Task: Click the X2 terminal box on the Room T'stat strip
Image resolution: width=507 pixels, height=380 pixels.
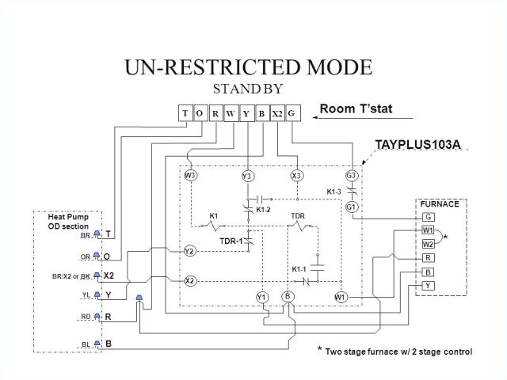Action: pyautogui.click(x=276, y=113)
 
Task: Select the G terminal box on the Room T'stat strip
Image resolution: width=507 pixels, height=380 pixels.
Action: pyautogui.click(x=292, y=113)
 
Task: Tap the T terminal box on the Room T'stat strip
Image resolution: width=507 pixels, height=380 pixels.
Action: pyautogui.click(x=185, y=113)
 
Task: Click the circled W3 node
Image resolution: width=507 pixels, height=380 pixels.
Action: pyautogui.click(x=190, y=175)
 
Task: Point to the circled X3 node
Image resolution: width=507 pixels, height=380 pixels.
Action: pyautogui.click(x=297, y=175)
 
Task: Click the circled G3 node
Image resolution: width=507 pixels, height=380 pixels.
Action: pyautogui.click(x=352, y=175)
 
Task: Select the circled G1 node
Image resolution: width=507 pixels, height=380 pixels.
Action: pyautogui.click(x=352, y=207)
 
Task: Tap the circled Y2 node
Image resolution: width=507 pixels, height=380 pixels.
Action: pyautogui.click(x=190, y=251)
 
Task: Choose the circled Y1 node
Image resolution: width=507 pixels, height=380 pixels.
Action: pyautogui.click(x=261, y=297)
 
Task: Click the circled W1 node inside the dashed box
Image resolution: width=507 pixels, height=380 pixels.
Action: pyautogui.click(x=341, y=297)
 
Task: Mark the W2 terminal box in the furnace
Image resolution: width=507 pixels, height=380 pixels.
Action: pyautogui.click(x=428, y=244)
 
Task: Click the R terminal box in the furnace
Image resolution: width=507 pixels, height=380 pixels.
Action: pyautogui.click(x=428, y=258)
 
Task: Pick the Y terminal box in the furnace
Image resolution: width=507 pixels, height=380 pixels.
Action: pyautogui.click(x=428, y=285)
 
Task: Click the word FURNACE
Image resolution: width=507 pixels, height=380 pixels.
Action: pyautogui.click(x=440, y=204)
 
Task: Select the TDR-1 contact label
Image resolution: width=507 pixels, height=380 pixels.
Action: pyautogui.click(x=231, y=240)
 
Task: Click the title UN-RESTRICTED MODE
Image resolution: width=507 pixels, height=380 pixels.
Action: pyautogui.click(x=248, y=66)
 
